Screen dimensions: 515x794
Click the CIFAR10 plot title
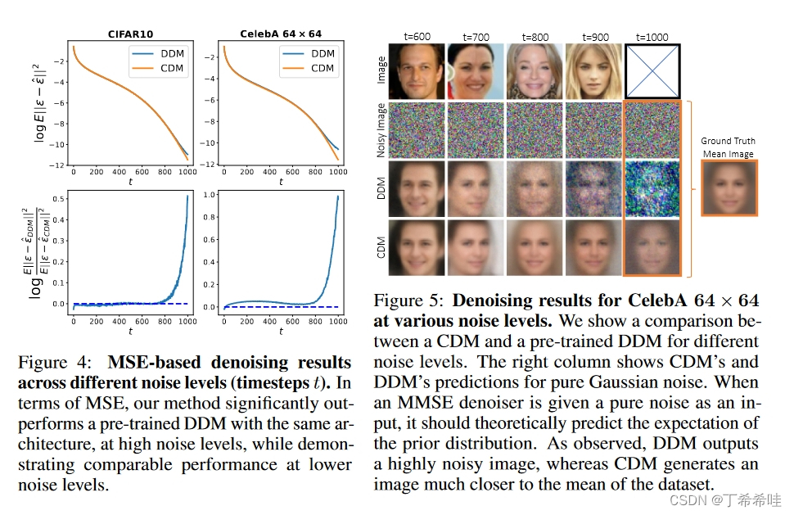coord(131,34)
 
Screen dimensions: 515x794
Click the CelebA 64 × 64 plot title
coord(281,34)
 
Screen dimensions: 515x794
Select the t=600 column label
coord(416,37)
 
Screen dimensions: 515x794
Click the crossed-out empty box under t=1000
coord(652,71)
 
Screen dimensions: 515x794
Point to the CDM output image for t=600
coord(416,246)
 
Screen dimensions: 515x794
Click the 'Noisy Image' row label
coord(381,129)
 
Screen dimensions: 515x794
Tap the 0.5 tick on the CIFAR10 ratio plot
coord(56,198)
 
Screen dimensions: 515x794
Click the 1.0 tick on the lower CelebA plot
coord(208,195)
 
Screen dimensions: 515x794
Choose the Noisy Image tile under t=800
coord(534,129)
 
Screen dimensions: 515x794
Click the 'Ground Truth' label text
coord(727,141)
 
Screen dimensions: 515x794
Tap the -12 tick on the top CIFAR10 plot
coord(56,165)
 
